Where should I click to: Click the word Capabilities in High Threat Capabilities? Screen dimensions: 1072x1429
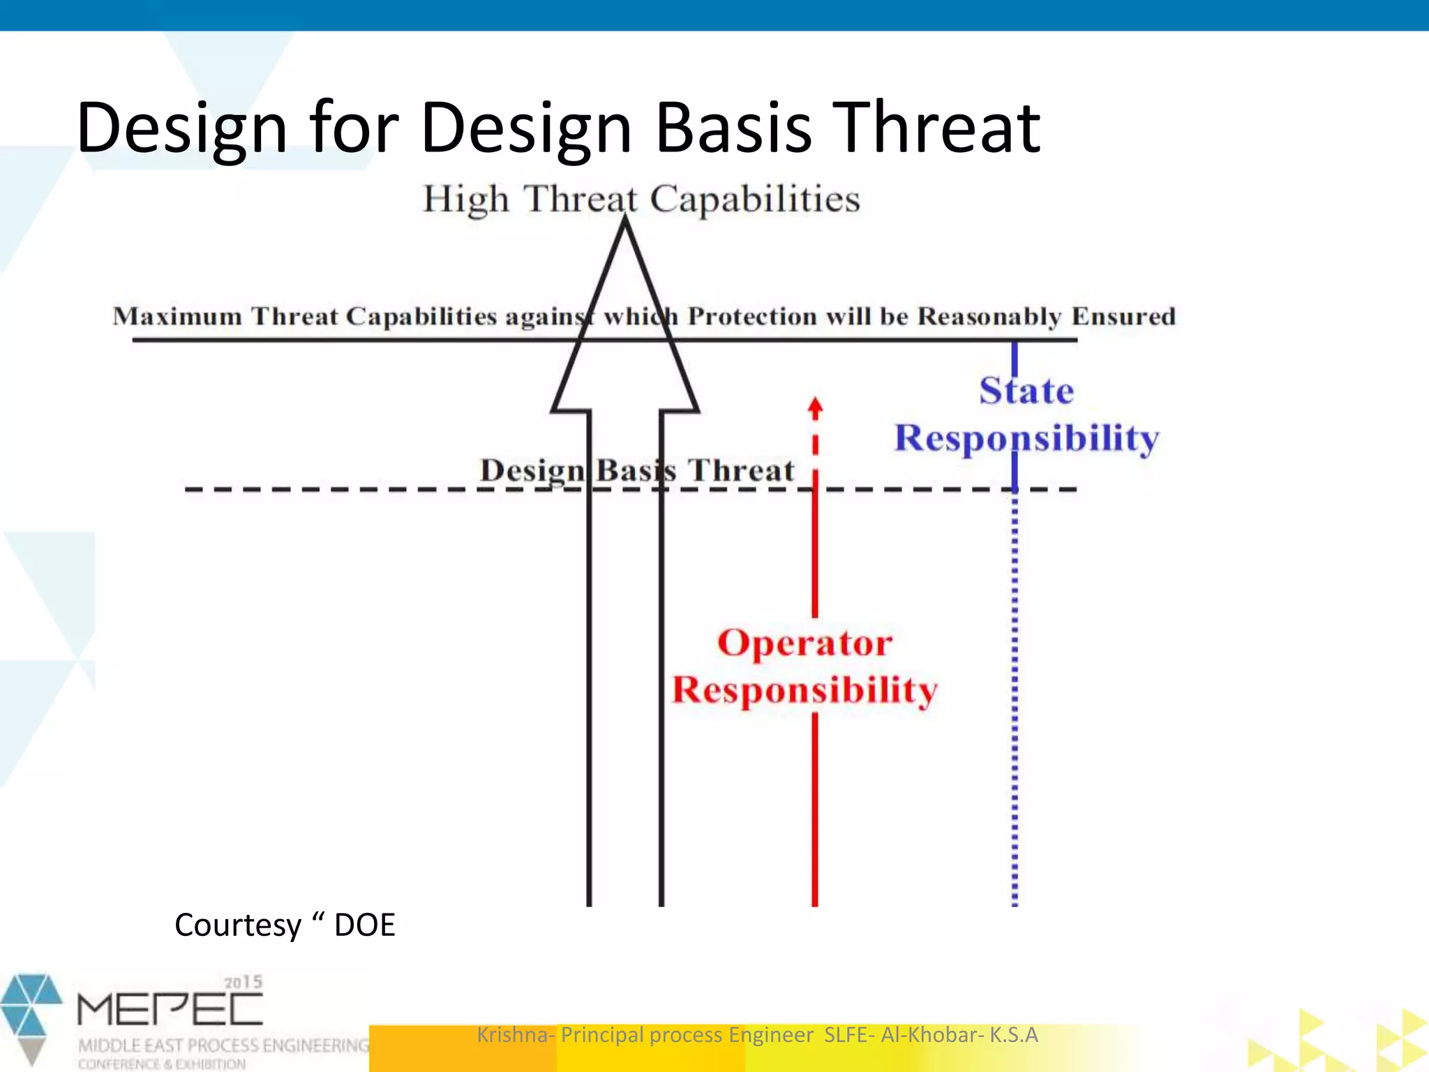(755, 200)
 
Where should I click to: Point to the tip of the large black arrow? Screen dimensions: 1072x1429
(625, 222)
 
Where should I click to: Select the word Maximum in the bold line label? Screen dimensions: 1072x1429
(177, 316)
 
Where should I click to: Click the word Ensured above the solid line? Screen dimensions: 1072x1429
(1123, 316)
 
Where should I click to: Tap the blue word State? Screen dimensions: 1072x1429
(1026, 391)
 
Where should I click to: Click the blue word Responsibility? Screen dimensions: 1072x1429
(1026, 439)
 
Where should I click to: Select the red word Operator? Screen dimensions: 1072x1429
(805, 643)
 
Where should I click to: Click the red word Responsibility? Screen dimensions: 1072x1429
(805, 690)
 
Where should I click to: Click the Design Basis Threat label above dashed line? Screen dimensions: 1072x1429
(636, 470)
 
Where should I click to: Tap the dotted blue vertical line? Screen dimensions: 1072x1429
(1015, 698)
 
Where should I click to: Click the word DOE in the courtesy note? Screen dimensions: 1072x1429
(364, 925)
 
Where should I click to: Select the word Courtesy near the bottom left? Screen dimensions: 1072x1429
(237, 925)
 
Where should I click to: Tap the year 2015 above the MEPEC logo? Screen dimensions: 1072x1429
(243, 982)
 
